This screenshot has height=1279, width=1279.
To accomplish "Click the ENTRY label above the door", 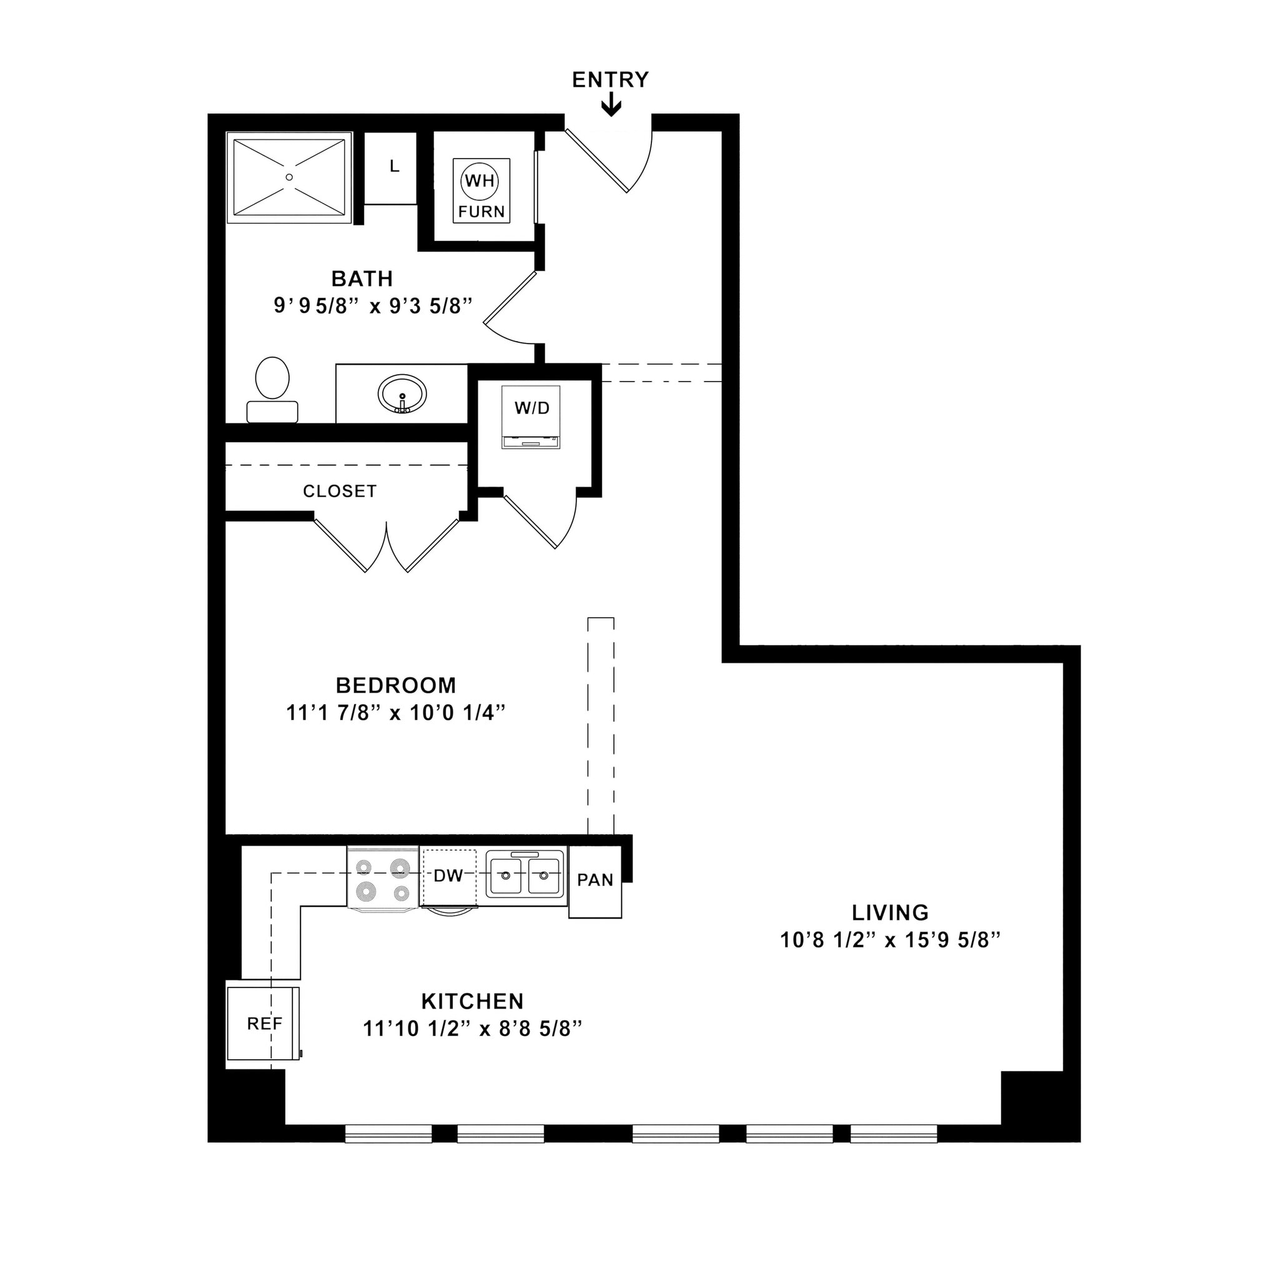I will tap(610, 80).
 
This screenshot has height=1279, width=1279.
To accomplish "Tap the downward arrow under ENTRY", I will tap(611, 106).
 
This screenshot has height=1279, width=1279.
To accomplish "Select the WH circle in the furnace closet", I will tap(480, 180).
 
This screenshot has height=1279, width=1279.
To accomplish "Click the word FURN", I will tap(481, 212).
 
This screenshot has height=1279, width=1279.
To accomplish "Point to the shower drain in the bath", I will tap(289, 177).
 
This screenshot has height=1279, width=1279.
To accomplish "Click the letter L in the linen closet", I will tap(395, 166).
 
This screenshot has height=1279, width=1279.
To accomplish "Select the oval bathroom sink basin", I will tap(402, 395).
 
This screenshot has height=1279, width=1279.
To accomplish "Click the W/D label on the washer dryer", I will tap(531, 408).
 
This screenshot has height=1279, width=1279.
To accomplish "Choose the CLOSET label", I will tap(340, 491).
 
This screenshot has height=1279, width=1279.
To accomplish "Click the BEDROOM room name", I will tap(395, 684).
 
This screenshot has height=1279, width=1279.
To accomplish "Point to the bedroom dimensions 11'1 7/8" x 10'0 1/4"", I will tap(395, 713).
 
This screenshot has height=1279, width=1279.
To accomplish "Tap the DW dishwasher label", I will tap(448, 876).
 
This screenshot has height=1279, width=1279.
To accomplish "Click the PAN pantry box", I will tap(595, 881).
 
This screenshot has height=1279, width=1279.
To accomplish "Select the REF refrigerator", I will tap(264, 1024).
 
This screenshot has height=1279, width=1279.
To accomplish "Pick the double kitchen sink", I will tap(525, 875).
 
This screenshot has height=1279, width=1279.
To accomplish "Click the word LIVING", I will tap(890, 912).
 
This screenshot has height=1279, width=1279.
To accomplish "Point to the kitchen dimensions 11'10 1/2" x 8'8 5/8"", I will tap(472, 1029).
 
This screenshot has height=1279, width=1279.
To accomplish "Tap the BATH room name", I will tap(362, 279).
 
